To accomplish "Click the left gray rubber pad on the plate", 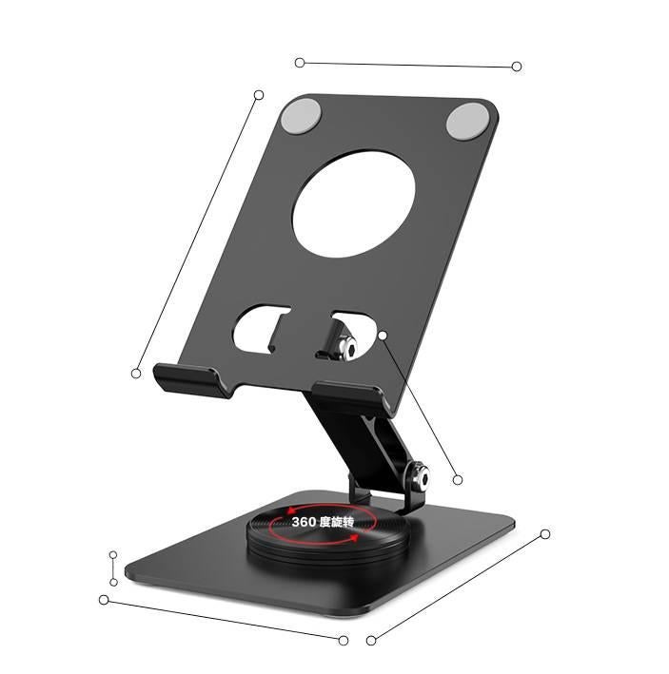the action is [x=302, y=115].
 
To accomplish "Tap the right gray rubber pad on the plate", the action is [x=467, y=121].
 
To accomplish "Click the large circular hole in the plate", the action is [x=354, y=203].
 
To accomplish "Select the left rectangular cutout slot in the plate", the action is [x=260, y=329].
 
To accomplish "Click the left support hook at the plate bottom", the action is [x=192, y=379].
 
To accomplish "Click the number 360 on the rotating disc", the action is [x=304, y=522].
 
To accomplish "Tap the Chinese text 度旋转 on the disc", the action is [x=337, y=522].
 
